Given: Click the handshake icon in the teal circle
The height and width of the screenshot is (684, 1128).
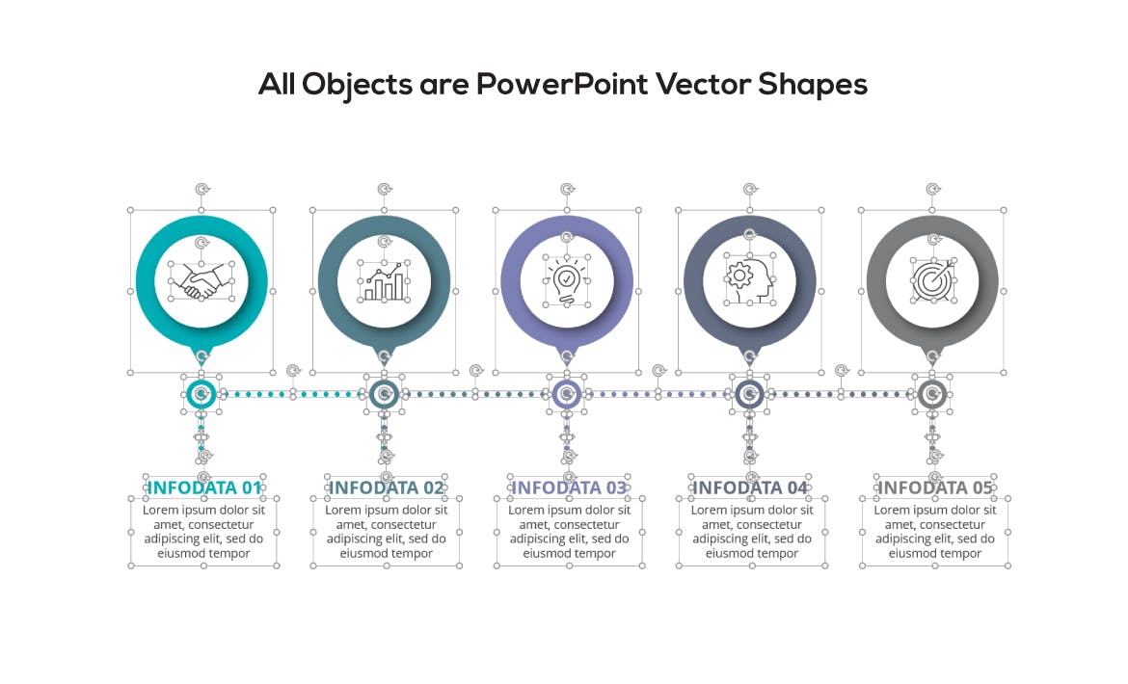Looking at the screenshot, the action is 201,281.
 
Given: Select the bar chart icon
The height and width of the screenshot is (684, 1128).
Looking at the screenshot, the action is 384,281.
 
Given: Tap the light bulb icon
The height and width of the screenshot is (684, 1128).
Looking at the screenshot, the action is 567,281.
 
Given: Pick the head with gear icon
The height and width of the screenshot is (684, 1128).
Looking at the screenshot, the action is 750,281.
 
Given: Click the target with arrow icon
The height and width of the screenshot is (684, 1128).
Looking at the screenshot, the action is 932,280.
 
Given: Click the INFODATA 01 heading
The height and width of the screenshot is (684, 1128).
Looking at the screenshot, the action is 204,487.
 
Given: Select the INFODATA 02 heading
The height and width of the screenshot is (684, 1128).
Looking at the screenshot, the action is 387,487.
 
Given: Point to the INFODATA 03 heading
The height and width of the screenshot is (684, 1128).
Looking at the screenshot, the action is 569,487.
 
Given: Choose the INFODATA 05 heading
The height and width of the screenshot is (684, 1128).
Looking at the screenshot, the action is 934,487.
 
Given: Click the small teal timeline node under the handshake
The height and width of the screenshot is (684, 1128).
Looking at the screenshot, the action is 201,394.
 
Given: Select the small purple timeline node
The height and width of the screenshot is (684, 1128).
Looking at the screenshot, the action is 567,394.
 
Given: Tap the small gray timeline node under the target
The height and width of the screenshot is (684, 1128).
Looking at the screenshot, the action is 932,394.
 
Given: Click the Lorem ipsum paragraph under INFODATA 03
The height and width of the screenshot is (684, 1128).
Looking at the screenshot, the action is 569,532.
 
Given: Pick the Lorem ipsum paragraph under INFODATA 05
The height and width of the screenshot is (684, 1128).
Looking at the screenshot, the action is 934,532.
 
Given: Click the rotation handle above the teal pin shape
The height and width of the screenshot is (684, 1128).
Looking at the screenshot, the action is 202,190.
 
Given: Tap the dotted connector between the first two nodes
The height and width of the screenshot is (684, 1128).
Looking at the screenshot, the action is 293,394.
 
